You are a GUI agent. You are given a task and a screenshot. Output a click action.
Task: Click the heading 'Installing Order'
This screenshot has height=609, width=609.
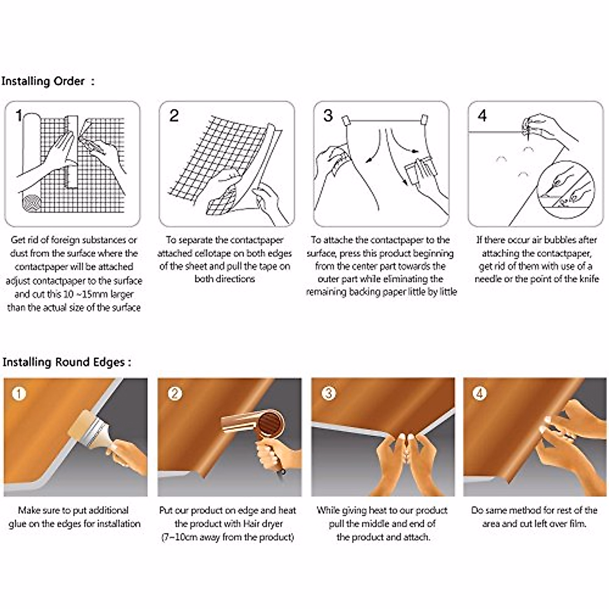(x=43, y=82)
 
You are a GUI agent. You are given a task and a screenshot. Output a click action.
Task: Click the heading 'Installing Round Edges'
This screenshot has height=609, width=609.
(x=63, y=362)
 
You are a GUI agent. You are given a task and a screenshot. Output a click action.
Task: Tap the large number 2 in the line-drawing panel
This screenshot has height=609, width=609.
(x=174, y=116)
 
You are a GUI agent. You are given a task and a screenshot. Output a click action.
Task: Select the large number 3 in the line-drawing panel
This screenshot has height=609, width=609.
(x=328, y=116)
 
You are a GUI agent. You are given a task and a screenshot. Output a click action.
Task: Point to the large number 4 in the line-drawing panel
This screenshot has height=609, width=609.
(x=482, y=116)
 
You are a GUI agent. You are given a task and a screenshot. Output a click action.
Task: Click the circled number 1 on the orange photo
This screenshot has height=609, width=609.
(x=19, y=394)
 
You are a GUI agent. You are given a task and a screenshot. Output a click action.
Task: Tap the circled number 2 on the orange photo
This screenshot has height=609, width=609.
(x=175, y=394)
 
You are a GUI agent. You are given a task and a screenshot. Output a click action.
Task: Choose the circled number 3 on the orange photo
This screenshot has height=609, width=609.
(x=329, y=394)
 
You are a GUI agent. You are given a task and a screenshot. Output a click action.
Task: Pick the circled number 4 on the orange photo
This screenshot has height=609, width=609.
(x=480, y=394)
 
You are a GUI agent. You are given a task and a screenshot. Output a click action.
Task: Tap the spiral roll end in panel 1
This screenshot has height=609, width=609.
(x=32, y=203)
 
